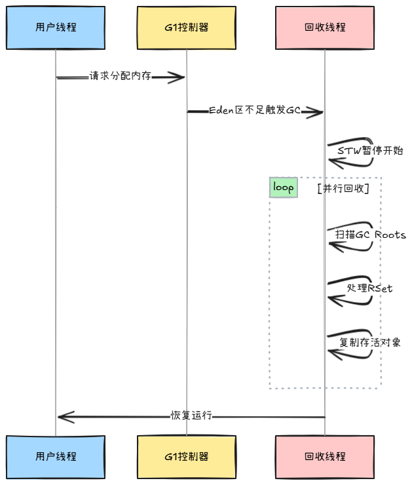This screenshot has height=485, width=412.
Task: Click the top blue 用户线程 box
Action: click(56, 28)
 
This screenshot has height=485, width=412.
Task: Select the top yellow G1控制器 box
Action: click(187, 28)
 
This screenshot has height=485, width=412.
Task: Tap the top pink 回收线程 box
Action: click(325, 28)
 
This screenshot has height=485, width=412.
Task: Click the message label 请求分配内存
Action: click(121, 76)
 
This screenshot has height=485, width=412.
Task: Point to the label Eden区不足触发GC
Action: click(255, 111)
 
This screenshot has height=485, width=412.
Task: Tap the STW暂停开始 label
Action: click(370, 150)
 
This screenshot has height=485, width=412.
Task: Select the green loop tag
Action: click(284, 187)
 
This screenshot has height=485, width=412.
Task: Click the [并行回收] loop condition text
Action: click(343, 188)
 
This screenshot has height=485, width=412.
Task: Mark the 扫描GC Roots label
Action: click(371, 235)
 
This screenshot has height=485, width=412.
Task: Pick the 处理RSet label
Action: click(370, 288)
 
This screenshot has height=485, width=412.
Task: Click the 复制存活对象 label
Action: click(370, 341)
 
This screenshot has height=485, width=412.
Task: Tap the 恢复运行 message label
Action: click(191, 416)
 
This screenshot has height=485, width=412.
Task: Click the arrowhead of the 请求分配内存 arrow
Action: click(179, 77)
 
